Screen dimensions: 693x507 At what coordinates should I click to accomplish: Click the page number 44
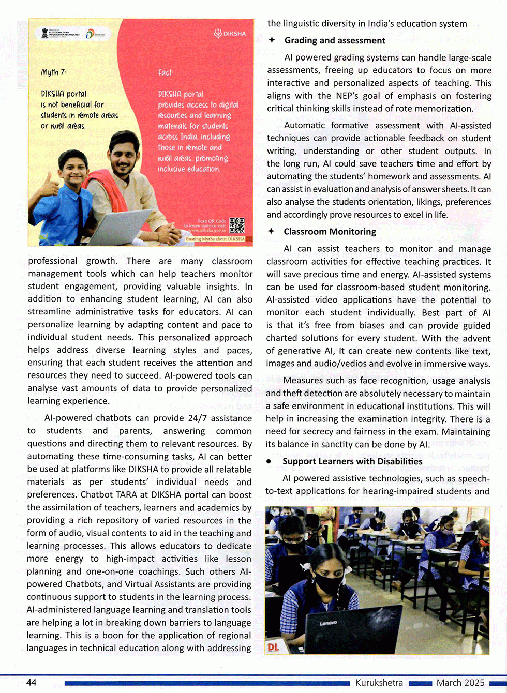31,682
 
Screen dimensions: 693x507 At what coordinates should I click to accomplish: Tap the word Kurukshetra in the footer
379,683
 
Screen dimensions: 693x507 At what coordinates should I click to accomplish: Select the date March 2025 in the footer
460,683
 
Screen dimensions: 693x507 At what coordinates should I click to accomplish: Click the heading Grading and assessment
335,40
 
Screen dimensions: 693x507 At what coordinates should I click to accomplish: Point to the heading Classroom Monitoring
330,231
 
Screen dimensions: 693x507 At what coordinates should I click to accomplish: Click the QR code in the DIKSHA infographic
236,225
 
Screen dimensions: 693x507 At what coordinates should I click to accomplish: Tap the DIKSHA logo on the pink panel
230,34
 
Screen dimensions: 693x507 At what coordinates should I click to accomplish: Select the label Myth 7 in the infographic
54,72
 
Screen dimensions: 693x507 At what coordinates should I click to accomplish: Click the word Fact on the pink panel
165,72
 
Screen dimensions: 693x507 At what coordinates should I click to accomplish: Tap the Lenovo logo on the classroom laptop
328,623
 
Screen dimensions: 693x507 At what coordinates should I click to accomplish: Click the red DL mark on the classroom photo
273,647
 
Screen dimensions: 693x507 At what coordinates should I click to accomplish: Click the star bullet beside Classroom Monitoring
271,231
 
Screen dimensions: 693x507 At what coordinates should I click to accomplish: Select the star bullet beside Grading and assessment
272,40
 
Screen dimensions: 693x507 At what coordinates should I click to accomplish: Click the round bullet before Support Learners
269,461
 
